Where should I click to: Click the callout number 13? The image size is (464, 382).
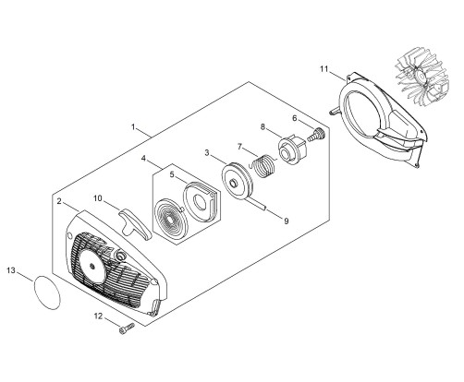coord(11,270)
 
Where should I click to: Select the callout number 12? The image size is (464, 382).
coord(98,316)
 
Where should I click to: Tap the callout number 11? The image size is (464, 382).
coord(324,69)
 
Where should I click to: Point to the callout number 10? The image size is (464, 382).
coord(98,198)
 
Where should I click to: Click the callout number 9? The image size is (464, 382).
coord(287,221)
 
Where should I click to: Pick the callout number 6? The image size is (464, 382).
coord(295,118)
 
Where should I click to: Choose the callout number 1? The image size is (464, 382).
coord(133,126)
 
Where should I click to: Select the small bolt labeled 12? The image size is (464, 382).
coord(127,328)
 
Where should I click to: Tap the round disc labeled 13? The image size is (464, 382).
coord(47,292)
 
